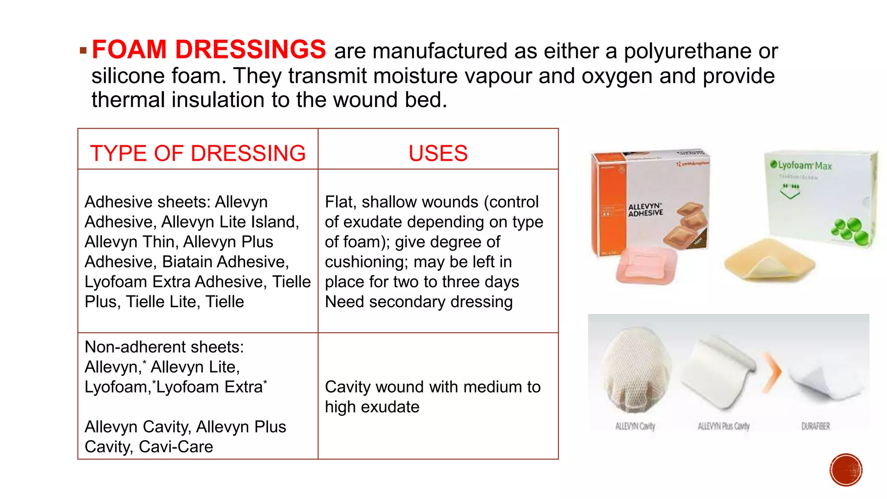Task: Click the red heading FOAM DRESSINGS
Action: click(208, 49)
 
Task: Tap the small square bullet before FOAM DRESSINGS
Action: click(83, 51)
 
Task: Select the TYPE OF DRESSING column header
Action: click(197, 153)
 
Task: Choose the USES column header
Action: click(438, 153)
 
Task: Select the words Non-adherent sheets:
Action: click(164, 347)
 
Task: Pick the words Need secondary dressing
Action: click(418, 301)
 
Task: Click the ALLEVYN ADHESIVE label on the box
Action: click(645, 210)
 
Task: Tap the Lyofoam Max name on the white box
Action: click(804, 165)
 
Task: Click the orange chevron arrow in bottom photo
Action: click(771, 372)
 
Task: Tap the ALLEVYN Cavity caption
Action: click(635, 426)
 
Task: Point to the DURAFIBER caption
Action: click(816, 426)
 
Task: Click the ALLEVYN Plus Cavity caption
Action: click(723, 426)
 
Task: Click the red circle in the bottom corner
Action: click(845, 470)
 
